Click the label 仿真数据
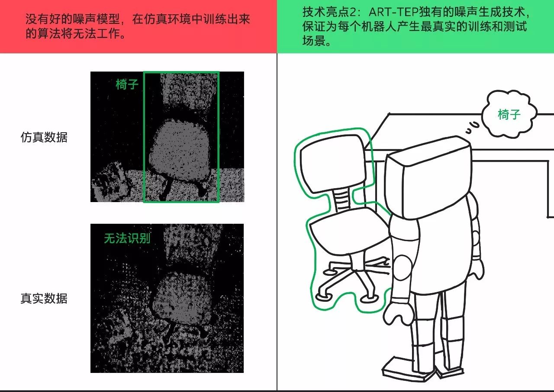44,137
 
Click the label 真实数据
44,298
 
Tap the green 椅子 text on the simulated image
127,84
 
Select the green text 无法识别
127,238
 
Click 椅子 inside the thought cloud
509,114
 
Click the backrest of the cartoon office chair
333,163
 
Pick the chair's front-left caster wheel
323,297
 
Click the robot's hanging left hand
399,314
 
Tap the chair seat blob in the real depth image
182,297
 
